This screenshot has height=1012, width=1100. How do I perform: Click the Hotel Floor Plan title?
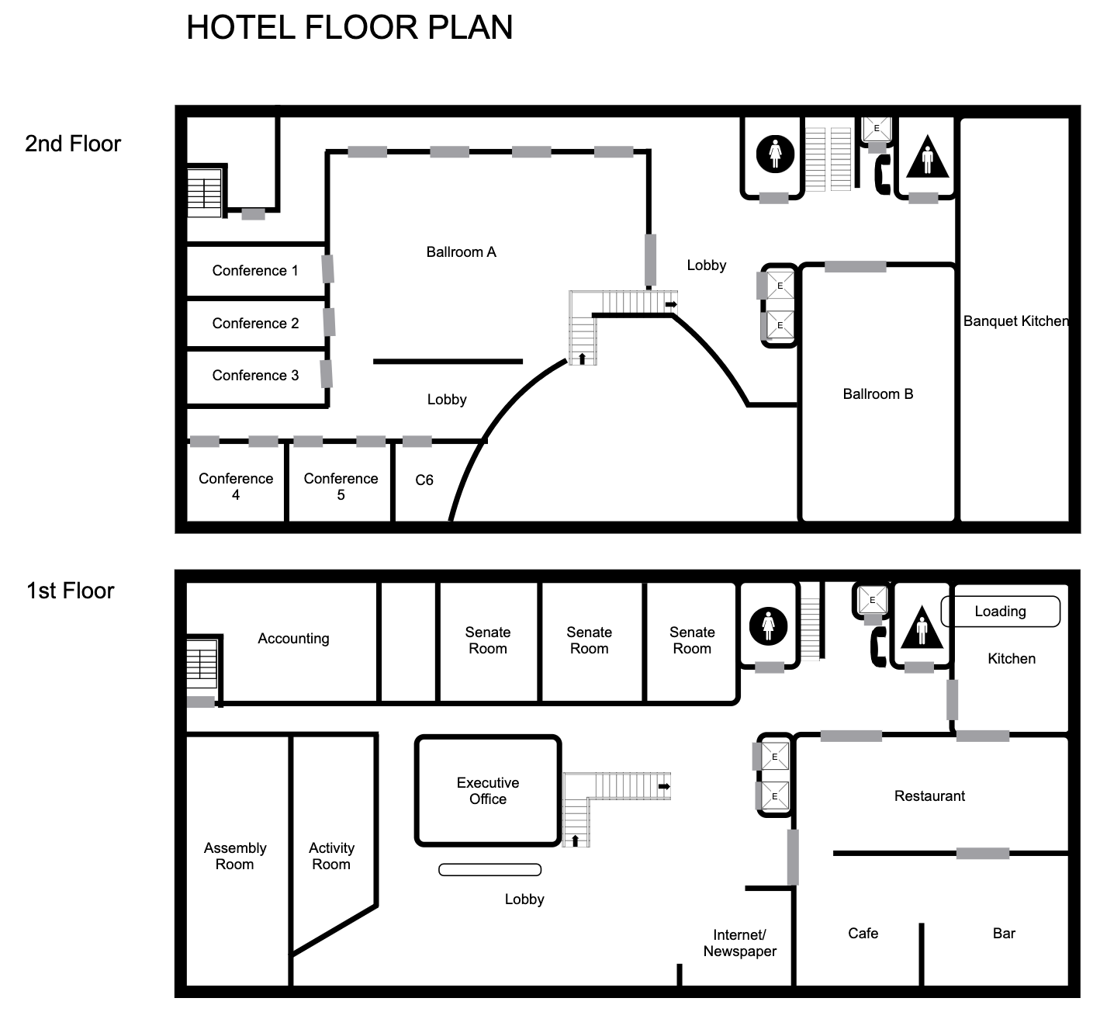349,28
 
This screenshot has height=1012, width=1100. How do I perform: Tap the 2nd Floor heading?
73,144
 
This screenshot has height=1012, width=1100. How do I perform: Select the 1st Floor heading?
70,591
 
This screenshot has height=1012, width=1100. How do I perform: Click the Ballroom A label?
461,252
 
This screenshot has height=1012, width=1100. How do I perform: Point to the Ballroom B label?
877,394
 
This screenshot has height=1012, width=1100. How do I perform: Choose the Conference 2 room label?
255,324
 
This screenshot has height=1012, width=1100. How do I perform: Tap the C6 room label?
424,480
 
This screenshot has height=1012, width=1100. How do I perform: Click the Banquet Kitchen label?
1015,321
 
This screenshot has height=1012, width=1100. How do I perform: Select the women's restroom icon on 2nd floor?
775,154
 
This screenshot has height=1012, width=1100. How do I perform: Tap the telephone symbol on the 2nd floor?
882,175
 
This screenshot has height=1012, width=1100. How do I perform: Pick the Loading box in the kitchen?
1000,612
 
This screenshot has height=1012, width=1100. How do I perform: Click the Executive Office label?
487,791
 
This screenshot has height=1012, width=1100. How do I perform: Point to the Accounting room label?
293,639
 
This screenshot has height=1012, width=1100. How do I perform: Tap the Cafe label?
863,934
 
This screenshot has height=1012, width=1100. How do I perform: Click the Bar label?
1003,934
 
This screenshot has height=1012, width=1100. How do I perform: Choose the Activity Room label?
330,856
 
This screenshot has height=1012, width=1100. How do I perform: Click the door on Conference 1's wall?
328,269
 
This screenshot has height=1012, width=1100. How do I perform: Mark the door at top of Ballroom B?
855,267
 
